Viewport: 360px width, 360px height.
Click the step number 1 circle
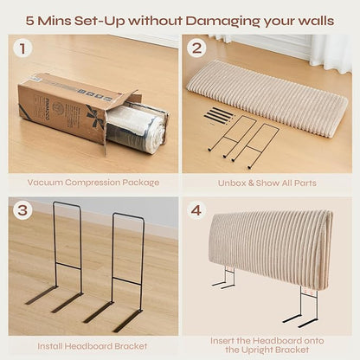22,48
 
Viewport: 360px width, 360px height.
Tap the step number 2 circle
196,48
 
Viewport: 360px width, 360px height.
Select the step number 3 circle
22,210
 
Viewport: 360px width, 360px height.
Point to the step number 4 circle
196,210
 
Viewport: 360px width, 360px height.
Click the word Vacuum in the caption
45,183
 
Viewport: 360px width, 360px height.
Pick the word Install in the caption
49,346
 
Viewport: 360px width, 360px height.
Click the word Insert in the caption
222,341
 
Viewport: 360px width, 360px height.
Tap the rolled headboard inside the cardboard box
134,129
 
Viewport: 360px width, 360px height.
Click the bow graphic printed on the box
95,118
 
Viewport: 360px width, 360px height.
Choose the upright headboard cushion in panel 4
270,248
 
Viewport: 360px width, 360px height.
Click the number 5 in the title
29,21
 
